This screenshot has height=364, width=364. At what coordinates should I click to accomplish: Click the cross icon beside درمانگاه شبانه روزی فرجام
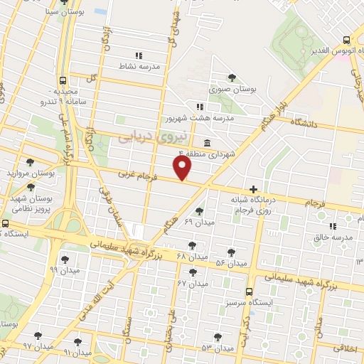(254, 188)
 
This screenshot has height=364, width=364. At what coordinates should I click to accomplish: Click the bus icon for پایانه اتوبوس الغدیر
(346, 41)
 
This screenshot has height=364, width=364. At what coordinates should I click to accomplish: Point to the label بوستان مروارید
(30, 173)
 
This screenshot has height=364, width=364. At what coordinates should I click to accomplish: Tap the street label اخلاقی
(348, 348)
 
